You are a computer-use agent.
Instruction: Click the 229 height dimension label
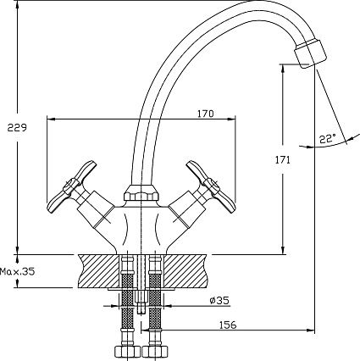pyautogui.click(x=17, y=128)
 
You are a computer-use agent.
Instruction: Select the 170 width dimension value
pyautogui.click(x=205, y=114)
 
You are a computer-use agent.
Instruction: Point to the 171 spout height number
pyautogui.click(x=283, y=160)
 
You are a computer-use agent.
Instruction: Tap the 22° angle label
pyautogui.click(x=328, y=139)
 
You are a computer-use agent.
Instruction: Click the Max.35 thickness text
pyautogui.click(x=18, y=272)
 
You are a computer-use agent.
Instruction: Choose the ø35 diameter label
pyautogui.click(x=219, y=300)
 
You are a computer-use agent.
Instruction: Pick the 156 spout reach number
pyautogui.click(x=228, y=325)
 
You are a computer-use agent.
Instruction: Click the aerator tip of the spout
pyautogui.click(x=310, y=53)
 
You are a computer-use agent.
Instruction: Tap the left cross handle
pyautogui.click(x=72, y=186)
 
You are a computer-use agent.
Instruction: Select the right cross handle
pyautogui.click(x=211, y=186)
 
